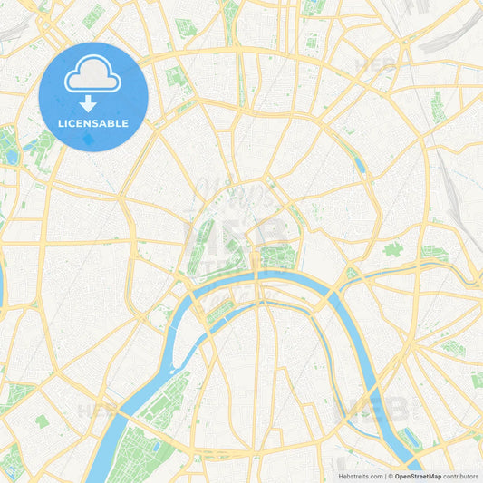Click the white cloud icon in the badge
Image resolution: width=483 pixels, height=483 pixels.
tap(92, 79)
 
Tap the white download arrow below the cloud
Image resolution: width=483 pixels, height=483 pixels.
tap(93, 103)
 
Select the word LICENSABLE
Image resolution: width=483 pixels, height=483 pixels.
tap(93, 123)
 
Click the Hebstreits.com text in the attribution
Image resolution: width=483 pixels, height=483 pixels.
tap(358, 475)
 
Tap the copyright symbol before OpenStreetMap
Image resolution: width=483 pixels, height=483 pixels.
tap(391, 475)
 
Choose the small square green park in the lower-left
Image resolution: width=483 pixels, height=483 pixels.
tap(43, 420)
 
